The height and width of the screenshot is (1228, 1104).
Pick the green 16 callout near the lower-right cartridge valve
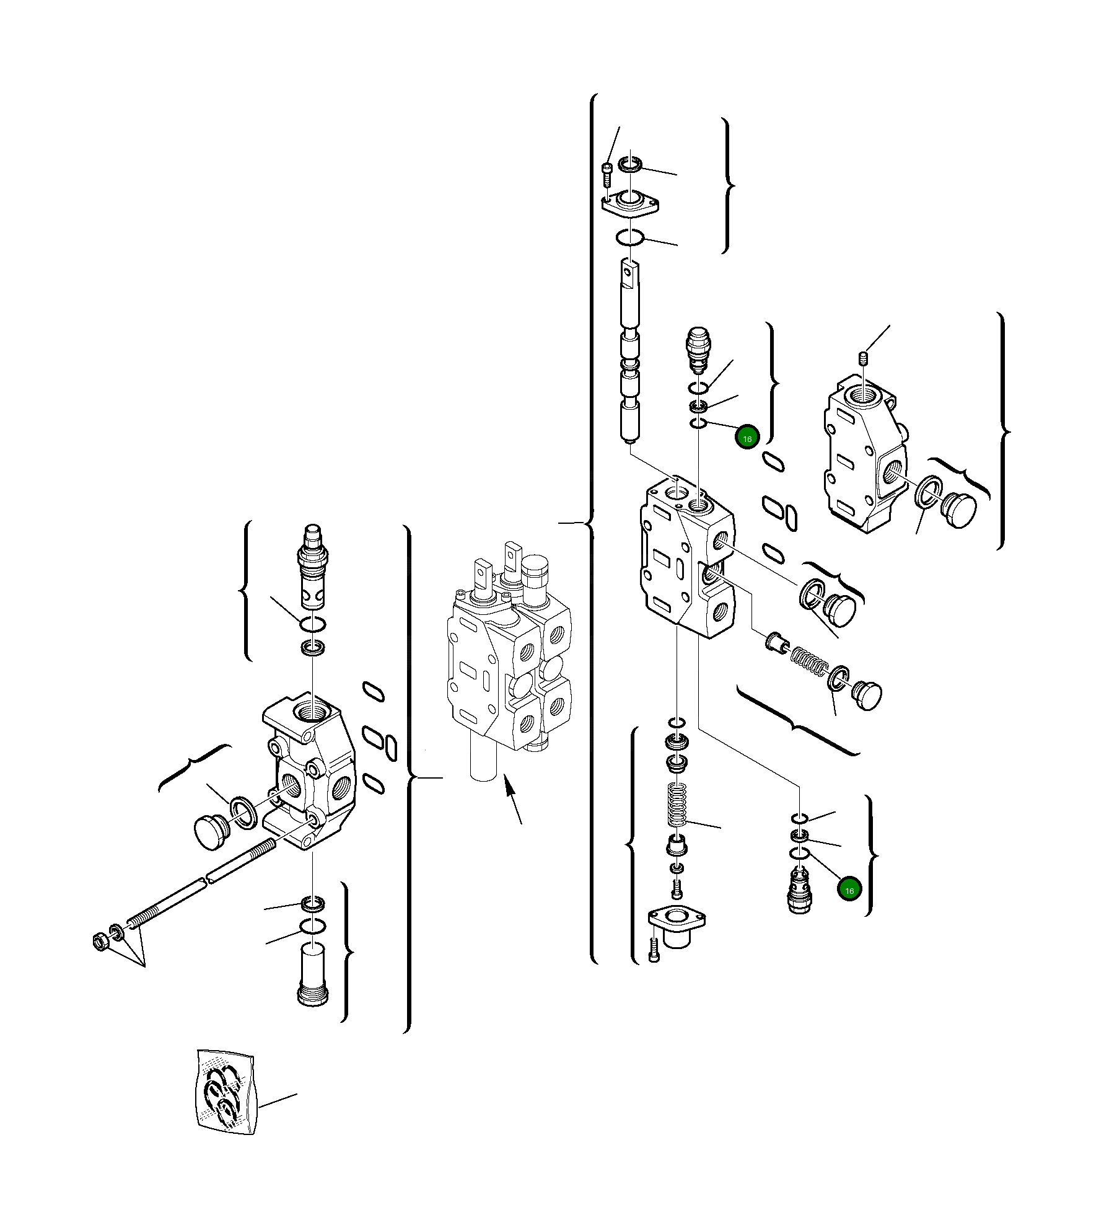click(x=849, y=890)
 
